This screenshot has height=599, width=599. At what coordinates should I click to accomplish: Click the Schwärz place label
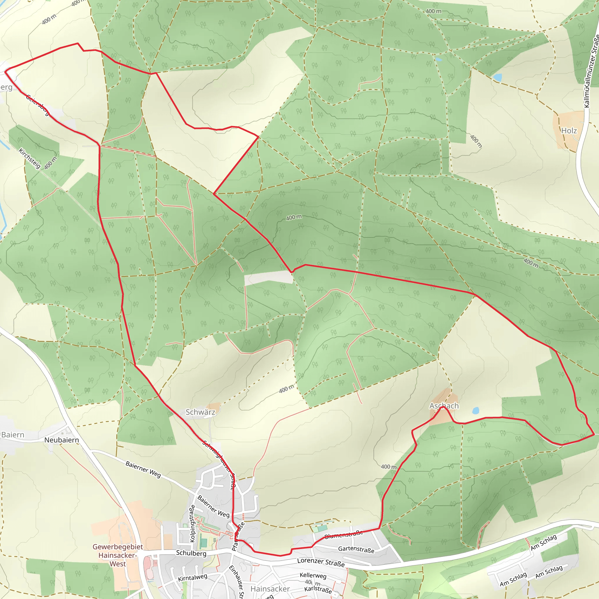click(x=200, y=412)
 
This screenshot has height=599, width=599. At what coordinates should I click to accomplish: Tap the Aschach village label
click(x=444, y=406)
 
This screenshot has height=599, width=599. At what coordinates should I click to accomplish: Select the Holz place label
click(x=569, y=130)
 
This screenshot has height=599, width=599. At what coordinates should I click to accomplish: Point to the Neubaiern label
click(x=61, y=440)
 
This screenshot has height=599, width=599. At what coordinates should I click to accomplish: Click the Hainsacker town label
click(x=270, y=589)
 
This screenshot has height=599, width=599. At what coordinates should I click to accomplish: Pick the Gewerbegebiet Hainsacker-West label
click(x=118, y=555)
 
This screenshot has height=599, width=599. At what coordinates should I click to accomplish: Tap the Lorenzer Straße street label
click(x=321, y=562)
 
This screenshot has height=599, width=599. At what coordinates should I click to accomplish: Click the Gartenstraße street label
click(x=356, y=549)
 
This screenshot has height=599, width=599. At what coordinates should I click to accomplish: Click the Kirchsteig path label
click(x=30, y=159)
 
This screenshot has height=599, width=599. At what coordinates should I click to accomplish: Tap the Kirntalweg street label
click(x=192, y=578)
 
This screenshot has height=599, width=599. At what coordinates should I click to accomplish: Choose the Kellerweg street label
click(x=313, y=575)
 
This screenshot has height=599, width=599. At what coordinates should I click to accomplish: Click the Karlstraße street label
click(x=318, y=590)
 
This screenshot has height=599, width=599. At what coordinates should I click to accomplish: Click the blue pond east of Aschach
click(x=475, y=411)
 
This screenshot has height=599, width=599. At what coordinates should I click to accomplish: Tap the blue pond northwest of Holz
click(x=497, y=77)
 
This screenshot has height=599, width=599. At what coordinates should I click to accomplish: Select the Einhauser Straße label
click(x=237, y=581)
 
